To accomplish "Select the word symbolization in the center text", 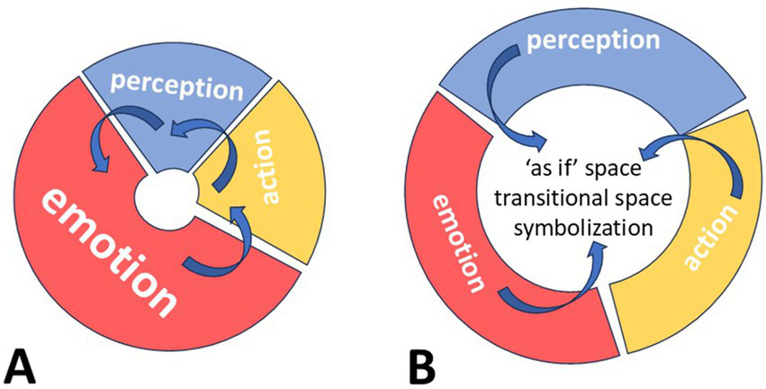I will click(581, 227).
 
